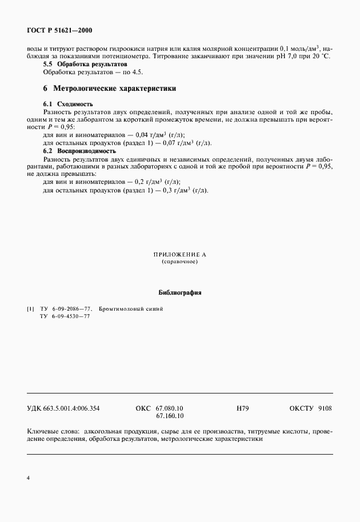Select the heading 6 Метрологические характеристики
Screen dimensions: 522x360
[109, 89]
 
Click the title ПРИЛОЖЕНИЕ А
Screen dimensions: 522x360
[179, 254]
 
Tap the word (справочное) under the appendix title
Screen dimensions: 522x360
[179, 262]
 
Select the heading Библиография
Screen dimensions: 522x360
[179, 292]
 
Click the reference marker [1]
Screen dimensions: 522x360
[31, 309]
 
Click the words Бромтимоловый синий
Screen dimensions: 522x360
[131, 309]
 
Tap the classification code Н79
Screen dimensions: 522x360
[242, 409]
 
